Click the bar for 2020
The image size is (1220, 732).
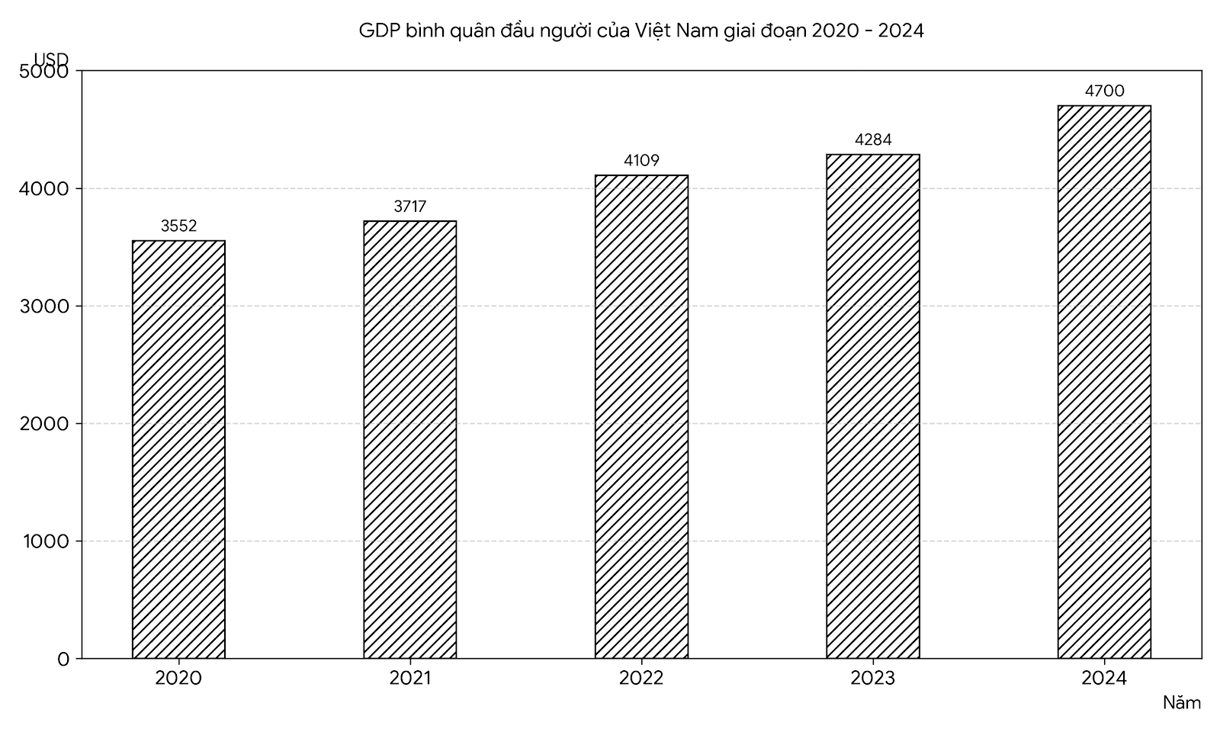[178, 449]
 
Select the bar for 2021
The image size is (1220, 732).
[410, 439]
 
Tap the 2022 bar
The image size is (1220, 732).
[641, 416]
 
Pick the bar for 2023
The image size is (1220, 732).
[873, 406]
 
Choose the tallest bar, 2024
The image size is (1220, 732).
[1105, 382]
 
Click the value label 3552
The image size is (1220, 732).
[178, 226]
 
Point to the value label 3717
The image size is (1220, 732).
[410, 206]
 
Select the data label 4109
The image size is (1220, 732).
[641, 160]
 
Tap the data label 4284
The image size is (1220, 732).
[873, 140]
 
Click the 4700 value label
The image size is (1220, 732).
[1105, 91]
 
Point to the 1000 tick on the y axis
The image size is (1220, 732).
[47, 541]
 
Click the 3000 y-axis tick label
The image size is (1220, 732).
[45, 306]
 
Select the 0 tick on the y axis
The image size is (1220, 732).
[64, 659]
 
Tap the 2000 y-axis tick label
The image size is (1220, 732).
[45, 424]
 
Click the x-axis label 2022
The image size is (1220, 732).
[641, 678]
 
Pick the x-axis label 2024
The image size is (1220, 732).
[1105, 678]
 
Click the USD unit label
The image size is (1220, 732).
[51, 58]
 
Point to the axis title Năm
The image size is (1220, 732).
[1182, 702]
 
